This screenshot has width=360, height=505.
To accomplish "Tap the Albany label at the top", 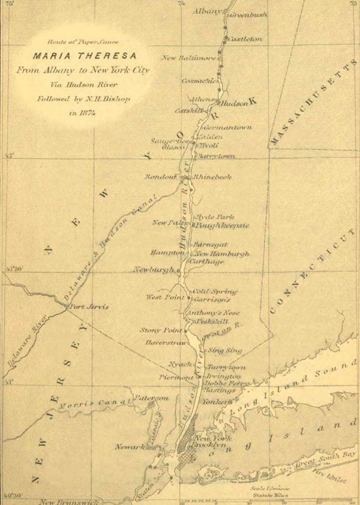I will [x=208, y=11].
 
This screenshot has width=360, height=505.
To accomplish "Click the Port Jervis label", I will [x=89, y=306].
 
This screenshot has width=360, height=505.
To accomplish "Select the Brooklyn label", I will [x=208, y=446].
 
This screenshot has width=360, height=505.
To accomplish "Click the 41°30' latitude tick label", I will [x=13, y=269].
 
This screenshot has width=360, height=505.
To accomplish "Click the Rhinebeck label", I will [x=211, y=177].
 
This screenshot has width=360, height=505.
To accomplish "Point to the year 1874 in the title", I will [x=83, y=112].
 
